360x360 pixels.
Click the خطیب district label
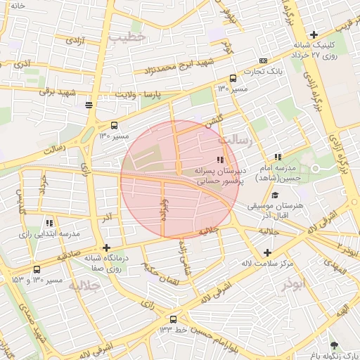tap(132, 36)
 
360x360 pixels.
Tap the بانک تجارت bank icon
tap(263, 61)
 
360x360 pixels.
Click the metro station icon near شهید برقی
tap(88, 105)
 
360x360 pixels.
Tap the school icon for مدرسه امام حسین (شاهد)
tap(278, 157)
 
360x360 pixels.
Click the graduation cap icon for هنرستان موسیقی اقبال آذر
tap(276, 195)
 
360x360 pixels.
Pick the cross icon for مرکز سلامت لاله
tap(266, 252)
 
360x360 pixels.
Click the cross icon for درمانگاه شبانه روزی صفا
tap(106, 247)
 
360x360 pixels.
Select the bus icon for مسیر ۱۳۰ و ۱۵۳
tap(37, 269)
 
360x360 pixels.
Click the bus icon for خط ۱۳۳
tap(182, 319)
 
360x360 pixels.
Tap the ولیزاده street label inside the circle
tap(163, 210)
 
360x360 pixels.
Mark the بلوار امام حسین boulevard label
tap(220, 328)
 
